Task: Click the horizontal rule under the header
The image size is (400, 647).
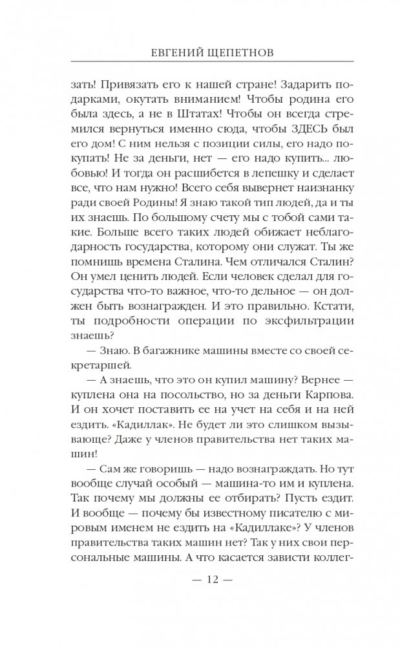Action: click(x=200, y=63)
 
